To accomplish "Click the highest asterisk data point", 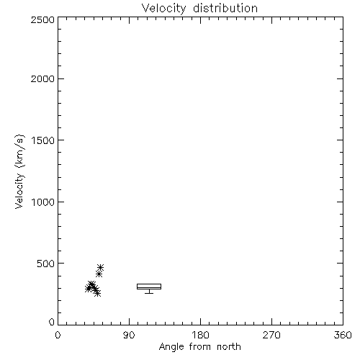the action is (100, 267).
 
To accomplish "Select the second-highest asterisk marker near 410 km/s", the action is (99, 274).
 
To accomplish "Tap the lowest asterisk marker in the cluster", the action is (97, 293).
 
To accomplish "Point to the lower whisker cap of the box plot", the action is (149, 293).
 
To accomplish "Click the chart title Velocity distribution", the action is (199, 8).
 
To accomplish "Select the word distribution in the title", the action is (225, 8).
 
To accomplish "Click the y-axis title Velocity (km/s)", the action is (19, 171).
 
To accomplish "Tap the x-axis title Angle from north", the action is (199, 347).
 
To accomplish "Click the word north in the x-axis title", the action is (229, 346).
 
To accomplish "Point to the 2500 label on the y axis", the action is (42, 19).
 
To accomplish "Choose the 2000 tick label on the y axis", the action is (42, 78).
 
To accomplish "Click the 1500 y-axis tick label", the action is (43, 140).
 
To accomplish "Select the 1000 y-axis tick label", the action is (43, 202).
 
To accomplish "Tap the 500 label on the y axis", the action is (46, 264).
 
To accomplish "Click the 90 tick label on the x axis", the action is (129, 335).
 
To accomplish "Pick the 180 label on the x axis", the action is (200, 335).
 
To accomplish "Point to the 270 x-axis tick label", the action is (271, 335).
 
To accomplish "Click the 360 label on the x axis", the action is (343, 335).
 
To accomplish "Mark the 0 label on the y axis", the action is (52, 322).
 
